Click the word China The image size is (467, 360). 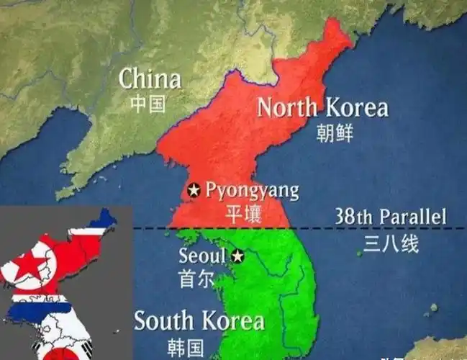pos(150,78)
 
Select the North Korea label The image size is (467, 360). pos(322,108)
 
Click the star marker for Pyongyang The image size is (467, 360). pos(194,191)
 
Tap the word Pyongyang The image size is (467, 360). pos(252,190)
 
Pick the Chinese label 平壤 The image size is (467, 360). pos(244,214)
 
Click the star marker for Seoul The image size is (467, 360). pos(238,256)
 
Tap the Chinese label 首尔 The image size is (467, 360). pos(196,279)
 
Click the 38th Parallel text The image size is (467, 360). pos(391,216)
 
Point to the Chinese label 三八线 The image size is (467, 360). pos(391,244)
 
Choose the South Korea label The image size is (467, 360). pos(199,320)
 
